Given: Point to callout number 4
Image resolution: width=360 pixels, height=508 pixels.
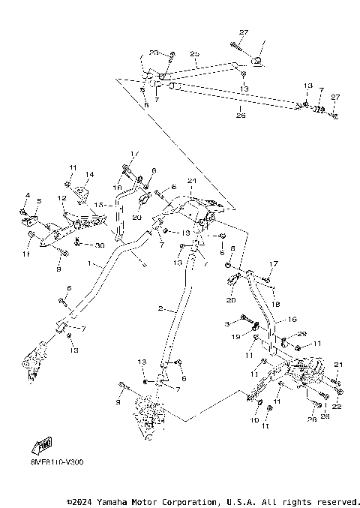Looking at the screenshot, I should coord(26,196).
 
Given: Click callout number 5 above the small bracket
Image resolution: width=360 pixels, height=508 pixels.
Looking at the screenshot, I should coord(39,201).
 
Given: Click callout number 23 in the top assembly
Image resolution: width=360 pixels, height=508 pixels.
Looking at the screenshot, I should coord(153,53).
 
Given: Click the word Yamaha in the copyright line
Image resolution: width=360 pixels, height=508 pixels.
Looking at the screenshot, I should coord(118,501).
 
